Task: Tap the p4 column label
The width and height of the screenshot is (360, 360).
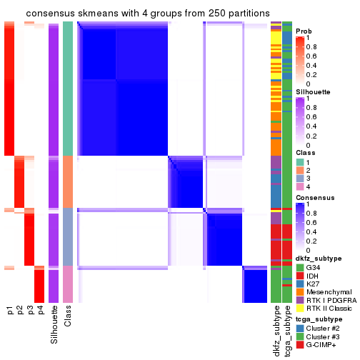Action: coord(40,311)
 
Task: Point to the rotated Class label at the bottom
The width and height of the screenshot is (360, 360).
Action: coord(68,317)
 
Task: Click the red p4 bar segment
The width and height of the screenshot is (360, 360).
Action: coord(40,286)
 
